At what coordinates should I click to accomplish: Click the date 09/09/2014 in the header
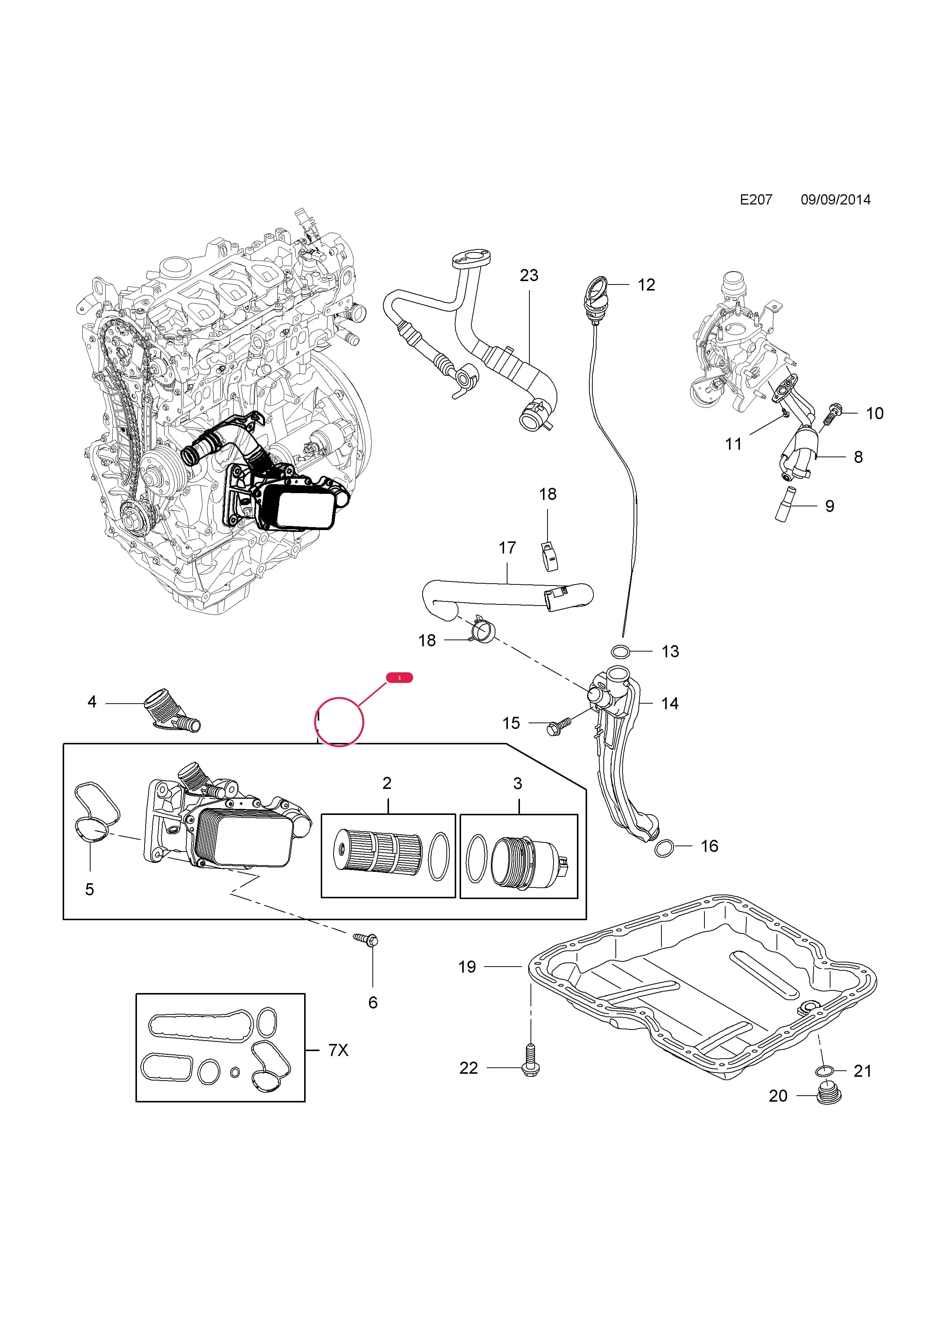point(835,200)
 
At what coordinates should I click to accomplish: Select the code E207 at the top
point(756,200)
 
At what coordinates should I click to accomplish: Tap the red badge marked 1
point(400,678)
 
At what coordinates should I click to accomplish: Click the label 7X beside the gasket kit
point(338,1050)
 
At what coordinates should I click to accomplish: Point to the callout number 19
point(467,967)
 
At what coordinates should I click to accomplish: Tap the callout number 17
point(507,547)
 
